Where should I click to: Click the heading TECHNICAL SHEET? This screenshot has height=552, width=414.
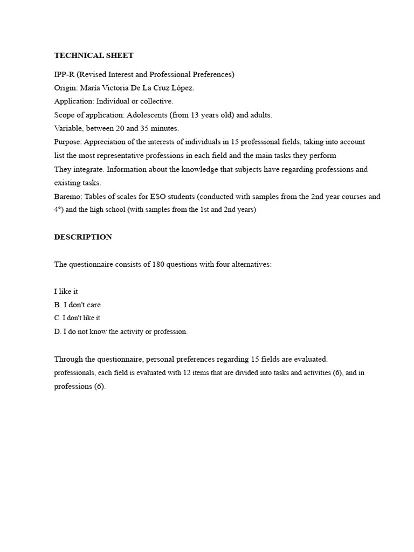(94, 56)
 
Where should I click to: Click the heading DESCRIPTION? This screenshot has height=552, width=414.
(83, 237)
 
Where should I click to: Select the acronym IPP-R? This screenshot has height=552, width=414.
(64, 74)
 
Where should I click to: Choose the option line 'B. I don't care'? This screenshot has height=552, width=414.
(77, 305)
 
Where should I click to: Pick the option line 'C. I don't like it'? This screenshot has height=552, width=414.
(77, 318)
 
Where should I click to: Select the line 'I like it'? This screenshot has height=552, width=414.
(66, 292)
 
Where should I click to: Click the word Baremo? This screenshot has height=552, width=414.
(67, 197)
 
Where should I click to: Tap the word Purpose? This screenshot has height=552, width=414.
(67, 142)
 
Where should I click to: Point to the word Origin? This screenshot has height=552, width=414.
(65, 88)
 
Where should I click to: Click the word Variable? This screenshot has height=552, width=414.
(68, 128)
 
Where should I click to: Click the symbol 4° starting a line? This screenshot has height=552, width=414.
(58, 210)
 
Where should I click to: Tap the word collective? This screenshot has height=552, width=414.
(156, 101)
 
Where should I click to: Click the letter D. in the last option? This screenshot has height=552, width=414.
(58, 332)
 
